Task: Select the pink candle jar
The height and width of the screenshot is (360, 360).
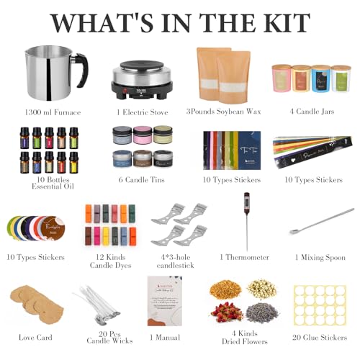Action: [281, 79]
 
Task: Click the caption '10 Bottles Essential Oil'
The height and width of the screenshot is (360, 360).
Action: [44, 184]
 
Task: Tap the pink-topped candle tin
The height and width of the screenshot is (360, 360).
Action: [143, 137]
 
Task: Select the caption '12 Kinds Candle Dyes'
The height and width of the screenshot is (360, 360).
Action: [111, 261]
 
